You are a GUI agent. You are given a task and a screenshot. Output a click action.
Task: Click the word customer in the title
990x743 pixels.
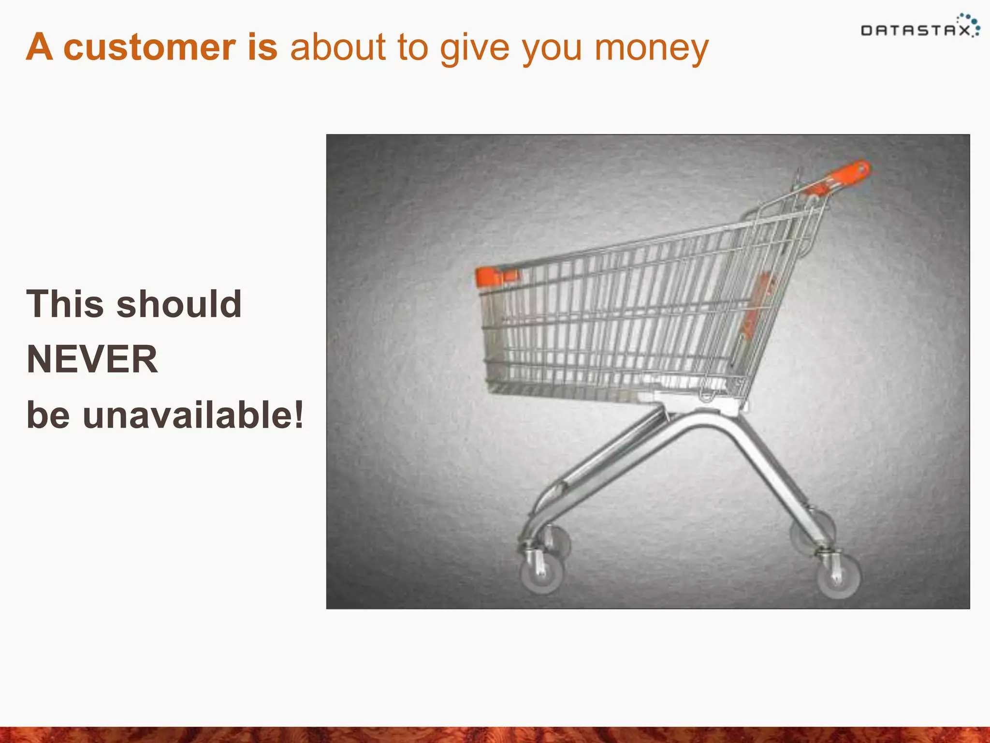coord(150,47)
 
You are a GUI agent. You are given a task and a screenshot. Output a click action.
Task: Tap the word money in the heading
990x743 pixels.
coord(651,48)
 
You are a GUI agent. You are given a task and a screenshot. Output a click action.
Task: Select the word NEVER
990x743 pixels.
coord(92,359)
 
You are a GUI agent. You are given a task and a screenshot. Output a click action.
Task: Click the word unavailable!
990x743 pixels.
coord(193,415)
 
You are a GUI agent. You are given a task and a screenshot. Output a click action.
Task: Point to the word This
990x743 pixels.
coord(65,304)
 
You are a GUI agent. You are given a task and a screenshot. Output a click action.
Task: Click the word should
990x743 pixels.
coord(179,304)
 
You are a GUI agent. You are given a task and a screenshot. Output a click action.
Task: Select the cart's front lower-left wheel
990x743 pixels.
coord(542,575)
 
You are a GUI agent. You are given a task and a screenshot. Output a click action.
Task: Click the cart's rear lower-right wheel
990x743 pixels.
coord(839,576)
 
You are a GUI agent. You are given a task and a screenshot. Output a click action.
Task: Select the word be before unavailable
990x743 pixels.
coord(48,415)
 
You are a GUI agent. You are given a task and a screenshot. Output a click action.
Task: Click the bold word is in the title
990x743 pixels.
coord(262,47)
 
